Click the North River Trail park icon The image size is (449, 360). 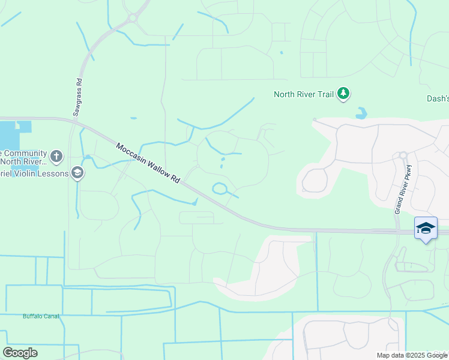point(343,94)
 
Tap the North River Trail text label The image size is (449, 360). point(303,94)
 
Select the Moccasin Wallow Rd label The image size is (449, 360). point(148,163)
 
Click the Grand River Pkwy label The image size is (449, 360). point(403,189)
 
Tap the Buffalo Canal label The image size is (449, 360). point(41,316)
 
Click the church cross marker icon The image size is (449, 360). point(56,157)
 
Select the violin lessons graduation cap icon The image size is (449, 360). point(77,173)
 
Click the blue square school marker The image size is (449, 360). point(426,228)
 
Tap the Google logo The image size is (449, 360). point(20,353)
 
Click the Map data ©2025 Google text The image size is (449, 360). point(412,355)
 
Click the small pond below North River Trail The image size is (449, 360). point(361,113)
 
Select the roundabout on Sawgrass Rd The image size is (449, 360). point(132,18)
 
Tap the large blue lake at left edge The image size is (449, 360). point(11,134)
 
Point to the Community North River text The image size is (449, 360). point(24,157)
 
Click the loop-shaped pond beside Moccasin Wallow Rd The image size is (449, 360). point(219,189)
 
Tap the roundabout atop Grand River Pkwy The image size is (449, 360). point(403,155)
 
